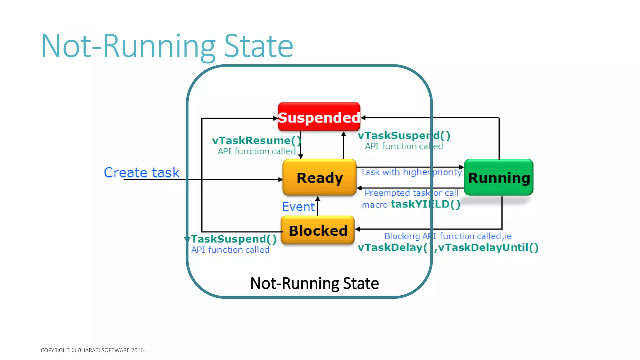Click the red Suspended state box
tap(319, 117)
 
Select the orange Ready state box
tap(319, 177)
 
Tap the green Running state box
tap(499, 177)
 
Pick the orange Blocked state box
tap(318, 231)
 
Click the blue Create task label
tap(142, 172)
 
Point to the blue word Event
tap(298, 207)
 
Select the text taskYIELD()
tap(425, 204)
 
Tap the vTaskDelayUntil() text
tap(488, 247)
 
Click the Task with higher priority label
tap(411, 172)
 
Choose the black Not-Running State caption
tap(314, 283)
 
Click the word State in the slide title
tap(259, 46)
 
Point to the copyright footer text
tap(93, 350)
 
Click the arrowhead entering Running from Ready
tap(462, 167)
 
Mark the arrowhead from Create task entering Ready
tap(280, 180)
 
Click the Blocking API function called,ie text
tap(447, 236)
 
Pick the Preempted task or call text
tap(411, 193)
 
